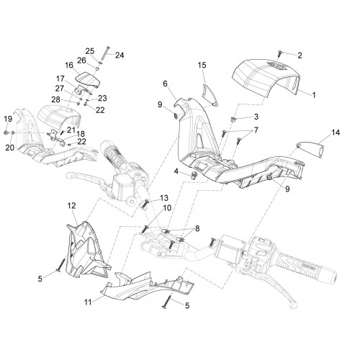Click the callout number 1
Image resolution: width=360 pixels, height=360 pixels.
coord(313,95)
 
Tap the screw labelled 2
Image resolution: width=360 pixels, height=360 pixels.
coord(279,53)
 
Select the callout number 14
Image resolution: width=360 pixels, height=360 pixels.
coord(336,132)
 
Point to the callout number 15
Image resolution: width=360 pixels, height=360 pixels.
coord(202,65)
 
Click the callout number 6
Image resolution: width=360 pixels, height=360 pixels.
coord(165,84)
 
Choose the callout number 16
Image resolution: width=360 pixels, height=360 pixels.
coord(69,65)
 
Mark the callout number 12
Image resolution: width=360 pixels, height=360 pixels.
coord(71,205)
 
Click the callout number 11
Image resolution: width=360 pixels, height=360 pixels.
coord(88,302)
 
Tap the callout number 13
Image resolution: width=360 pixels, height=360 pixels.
coord(164,198)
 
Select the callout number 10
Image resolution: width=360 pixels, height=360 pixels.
coord(167,208)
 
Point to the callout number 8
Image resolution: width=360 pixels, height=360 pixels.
coord(197,228)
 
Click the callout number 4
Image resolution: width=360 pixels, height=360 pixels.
coord(176,171)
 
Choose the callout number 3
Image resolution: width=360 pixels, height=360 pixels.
coord(256,117)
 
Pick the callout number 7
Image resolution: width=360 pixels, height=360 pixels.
coord(256,130)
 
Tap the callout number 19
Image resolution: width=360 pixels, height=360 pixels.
coord(8,119)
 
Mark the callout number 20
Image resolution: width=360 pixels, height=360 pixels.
coord(9,148)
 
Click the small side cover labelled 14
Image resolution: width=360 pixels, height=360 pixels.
coord(310,148)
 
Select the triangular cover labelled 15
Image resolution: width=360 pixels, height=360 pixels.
coord(210,94)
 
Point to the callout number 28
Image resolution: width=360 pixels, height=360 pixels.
coord(56,99)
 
